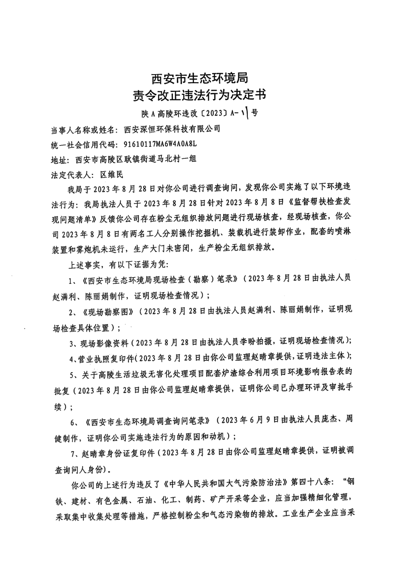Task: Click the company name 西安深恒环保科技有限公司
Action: [172, 129]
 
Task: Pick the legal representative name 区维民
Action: [111, 176]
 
